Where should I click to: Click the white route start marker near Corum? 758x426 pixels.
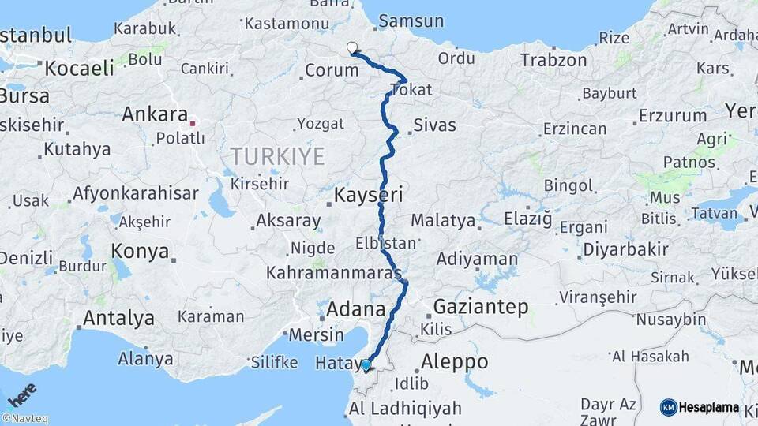pyautogui.click(x=352, y=47)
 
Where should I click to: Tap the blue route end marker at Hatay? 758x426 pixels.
pyautogui.click(x=366, y=364)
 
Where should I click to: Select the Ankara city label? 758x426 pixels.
pyautogui.click(x=155, y=114)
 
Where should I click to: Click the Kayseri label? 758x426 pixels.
pyautogui.click(x=369, y=194)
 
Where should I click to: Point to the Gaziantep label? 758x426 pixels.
pyautogui.click(x=481, y=307)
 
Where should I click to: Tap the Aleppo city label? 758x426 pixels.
pyautogui.click(x=455, y=361)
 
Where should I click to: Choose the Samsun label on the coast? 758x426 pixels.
pyautogui.click(x=411, y=21)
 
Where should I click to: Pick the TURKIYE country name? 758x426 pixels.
pyautogui.click(x=278, y=156)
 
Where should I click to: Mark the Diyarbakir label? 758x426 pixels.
pyautogui.click(x=625, y=250)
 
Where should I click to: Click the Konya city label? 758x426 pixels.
pyautogui.click(x=140, y=251)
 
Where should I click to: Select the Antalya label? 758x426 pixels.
pyautogui.click(x=118, y=318)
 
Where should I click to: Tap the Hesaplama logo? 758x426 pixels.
pyautogui.click(x=700, y=407)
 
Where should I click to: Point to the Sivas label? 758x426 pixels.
pyautogui.click(x=435, y=125)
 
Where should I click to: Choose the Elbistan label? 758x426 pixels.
pyautogui.click(x=385, y=242)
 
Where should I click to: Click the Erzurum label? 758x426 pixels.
pyautogui.click(x=673, y=115)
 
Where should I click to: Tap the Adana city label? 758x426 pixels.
pyautogui.click(x=356, y=308)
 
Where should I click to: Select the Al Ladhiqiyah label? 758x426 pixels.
pyautogui.click(x=404, y=408)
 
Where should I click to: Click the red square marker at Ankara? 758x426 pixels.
pyautogui.click(x=193, y=123)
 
